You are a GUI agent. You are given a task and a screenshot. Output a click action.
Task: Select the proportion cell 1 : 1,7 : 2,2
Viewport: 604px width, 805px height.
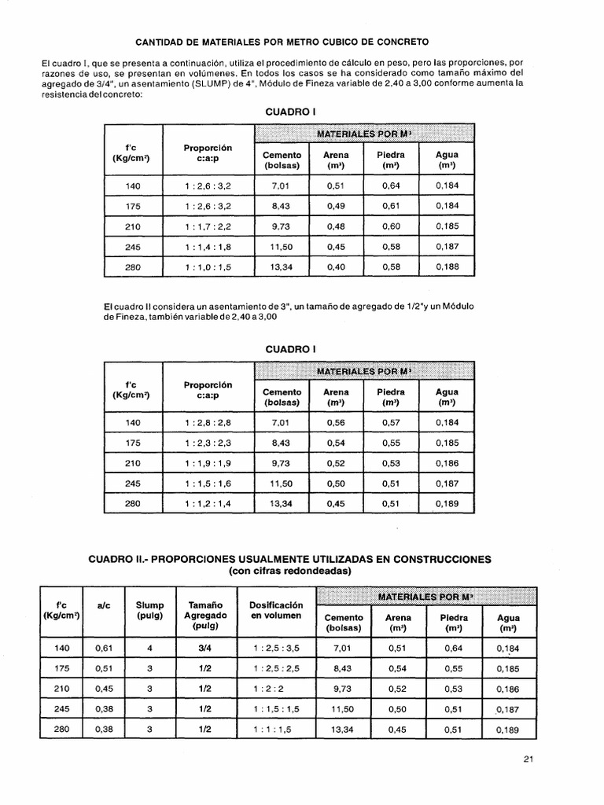pos(208,226)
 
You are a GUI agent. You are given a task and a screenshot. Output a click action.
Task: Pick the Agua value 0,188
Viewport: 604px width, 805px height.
pos(447,267)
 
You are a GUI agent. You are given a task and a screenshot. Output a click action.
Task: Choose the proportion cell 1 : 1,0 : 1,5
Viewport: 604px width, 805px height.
pos(208,267)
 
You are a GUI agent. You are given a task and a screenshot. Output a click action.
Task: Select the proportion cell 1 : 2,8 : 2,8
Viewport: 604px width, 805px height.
pos(208,423)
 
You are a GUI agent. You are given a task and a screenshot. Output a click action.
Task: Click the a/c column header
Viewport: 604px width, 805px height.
pos(103,606)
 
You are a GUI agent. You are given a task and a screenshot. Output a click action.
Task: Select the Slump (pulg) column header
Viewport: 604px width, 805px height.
pos(149,612)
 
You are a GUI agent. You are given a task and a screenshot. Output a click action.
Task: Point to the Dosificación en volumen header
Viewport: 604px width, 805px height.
pos(276,612)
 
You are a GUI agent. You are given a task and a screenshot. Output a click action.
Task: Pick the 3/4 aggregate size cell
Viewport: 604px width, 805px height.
pos(205,648)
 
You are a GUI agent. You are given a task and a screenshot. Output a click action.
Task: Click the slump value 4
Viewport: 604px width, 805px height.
pos(149,648)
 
